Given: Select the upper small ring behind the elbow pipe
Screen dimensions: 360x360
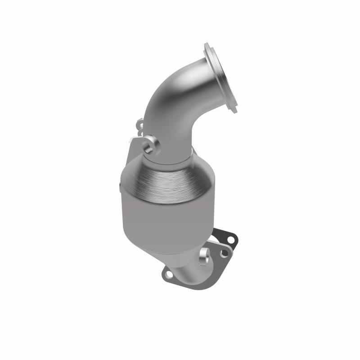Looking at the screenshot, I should (x=139, y=122).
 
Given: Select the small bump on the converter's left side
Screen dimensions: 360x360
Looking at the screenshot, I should (x=120, y=186).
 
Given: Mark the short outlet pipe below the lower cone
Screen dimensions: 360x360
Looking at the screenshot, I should (x=189, y=270).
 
